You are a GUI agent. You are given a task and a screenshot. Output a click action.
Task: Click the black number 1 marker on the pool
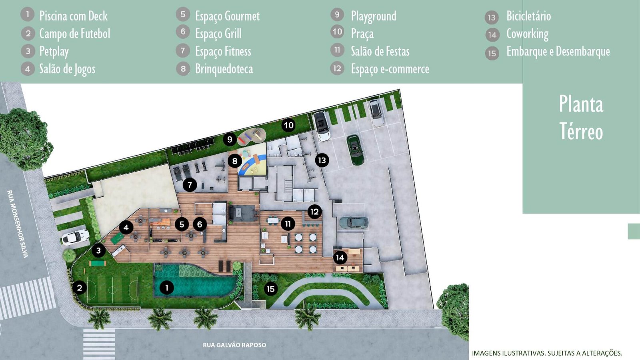pyautogui.click(x=167, y=288)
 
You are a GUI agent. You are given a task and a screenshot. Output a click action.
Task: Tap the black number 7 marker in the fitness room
pyautogui.click(x=190, y=185)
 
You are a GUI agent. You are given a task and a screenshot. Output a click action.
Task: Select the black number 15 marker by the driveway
pyautogui.click(x=271, y=289)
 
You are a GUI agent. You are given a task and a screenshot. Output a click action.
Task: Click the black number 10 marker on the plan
pyautogui.click(x=288, y=125)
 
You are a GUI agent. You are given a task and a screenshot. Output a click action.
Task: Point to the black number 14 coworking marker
pyautogui.click(x=340, y=258)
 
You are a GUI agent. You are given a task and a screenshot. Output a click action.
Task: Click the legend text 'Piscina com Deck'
pyautogui.click(x=74, y=16)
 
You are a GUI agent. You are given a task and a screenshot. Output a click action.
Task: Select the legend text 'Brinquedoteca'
pyautogui.click(x=224, y=69)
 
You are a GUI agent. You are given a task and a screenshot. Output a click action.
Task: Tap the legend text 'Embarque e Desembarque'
pyautogui.click(x=558, y=52)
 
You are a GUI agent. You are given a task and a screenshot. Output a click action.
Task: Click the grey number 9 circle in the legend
pyautogui.click(x=337, y=14)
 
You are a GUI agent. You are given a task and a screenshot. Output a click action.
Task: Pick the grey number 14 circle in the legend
pyautogui.click(x=492, y=35)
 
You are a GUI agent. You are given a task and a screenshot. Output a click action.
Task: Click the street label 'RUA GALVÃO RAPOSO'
pyautogui.click(x=234, y=345)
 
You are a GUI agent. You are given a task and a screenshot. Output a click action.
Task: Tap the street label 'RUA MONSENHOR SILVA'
pyautogui.click(x=18, y=224)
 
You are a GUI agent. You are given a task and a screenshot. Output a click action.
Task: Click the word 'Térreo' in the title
pyautogui.click(x=581, y=132)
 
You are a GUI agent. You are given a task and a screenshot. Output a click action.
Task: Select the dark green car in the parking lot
pyautogui.click(x=355, y=150)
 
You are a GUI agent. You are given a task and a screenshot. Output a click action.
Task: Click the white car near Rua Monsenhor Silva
pyautogui.click(x=75, y=237)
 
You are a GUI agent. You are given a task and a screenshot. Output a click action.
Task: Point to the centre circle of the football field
pyautogui.click(x=112, y=290)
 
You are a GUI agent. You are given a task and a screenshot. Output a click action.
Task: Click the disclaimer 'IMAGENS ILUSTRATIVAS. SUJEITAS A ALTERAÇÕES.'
pyautogui.click(x=547, y=353)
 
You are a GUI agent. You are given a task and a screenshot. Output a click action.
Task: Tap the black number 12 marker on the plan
pyautogui.click(x=314, y=212)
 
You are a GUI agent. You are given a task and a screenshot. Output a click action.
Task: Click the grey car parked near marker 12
pyautogui.click(x=353, y=222)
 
